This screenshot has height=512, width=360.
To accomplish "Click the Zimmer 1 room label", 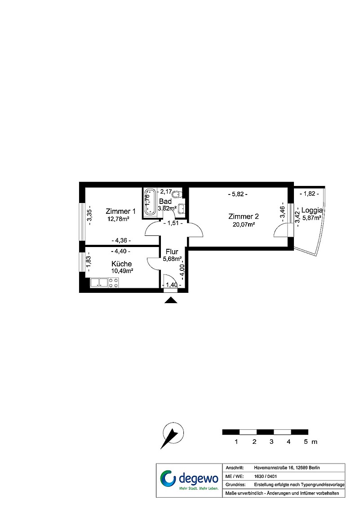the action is pos(120,211).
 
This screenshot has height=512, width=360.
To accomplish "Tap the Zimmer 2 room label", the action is pos(244,216).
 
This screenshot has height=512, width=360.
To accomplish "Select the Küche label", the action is pos(121,264).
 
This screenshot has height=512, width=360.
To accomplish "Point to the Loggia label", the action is pos(312,211).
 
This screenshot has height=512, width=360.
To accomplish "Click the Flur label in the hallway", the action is pos(172,252).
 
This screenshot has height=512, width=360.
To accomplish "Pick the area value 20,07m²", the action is pos(244,224).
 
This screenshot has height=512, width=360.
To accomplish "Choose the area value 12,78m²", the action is pos(118,219).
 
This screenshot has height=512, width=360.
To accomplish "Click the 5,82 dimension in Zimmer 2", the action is pos(237,194).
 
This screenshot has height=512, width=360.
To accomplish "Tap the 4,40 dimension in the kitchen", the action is pos(121,252).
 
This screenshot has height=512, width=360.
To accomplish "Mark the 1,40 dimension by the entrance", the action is pos(172,285).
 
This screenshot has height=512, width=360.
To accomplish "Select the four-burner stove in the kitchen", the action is pos(113,283).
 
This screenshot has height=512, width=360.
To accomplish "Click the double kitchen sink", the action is pos(99,283).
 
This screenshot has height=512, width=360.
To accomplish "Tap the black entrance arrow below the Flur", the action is pos(171,300).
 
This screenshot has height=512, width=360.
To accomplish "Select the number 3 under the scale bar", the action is pos(271,442).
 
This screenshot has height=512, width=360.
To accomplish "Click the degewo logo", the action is pos(189,480).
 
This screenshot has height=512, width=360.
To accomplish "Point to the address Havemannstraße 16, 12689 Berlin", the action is pos(287,468).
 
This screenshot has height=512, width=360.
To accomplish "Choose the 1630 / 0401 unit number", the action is pos(265,476).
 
